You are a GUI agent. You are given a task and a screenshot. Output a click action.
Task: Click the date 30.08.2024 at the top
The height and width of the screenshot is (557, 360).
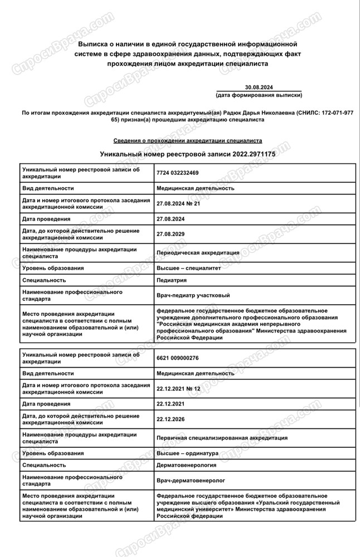tap(259, 87)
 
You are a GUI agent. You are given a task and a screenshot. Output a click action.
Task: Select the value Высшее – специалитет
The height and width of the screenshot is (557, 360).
tap(189, 268)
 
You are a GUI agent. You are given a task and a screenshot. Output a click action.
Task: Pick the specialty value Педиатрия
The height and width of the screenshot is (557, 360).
tap(172, 280)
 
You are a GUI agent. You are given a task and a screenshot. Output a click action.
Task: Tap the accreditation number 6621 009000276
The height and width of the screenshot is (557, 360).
tap(178, 358)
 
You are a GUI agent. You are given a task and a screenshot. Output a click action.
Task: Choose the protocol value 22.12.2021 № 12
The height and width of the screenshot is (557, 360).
tap(178, 388)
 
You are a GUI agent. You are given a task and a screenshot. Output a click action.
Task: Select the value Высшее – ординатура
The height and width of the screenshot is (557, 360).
tap(188, 453)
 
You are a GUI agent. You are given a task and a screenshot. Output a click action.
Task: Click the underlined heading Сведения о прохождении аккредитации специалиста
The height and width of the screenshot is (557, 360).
tap(187, 141)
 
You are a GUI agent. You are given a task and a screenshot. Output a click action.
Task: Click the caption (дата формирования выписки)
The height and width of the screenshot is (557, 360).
tap(259, 95)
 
